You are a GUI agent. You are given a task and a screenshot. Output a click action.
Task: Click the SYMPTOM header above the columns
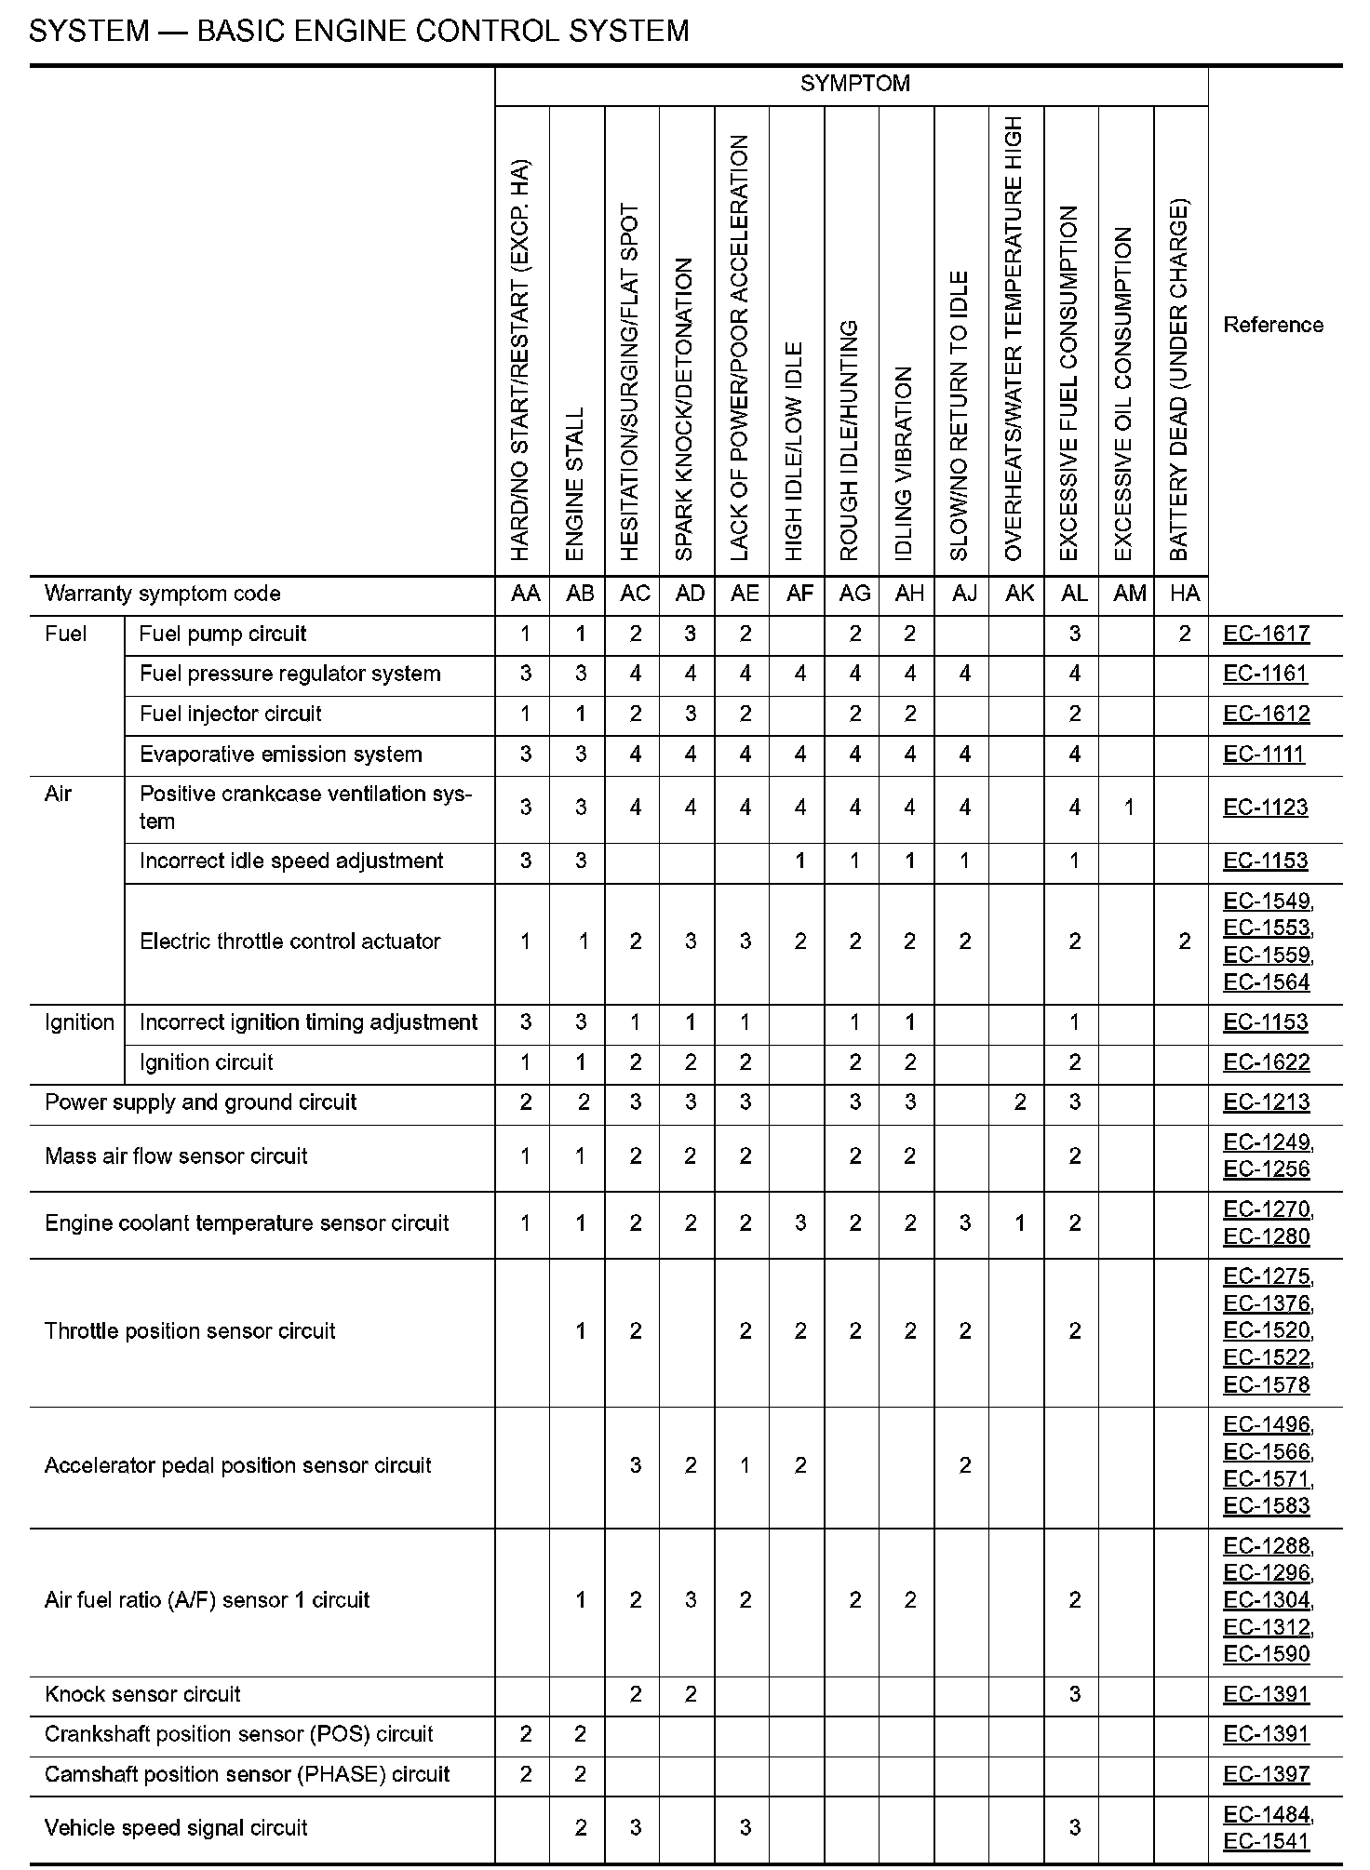pos(854,84)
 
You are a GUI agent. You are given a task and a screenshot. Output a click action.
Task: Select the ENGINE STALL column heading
pos(575,483)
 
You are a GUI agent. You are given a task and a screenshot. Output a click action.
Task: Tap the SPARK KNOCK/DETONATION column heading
pos(685,409)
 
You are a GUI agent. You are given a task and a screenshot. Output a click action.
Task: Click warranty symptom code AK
pos(1019,594)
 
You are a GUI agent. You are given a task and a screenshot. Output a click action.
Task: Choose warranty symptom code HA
pos(1184,594)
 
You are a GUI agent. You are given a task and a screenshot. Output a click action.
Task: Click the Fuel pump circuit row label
pos(222,634)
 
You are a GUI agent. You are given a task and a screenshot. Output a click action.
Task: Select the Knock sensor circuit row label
pos(142,1694)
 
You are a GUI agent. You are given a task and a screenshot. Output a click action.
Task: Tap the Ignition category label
pos(79,1022)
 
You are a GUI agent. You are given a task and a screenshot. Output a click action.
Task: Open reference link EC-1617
pos(1266,634)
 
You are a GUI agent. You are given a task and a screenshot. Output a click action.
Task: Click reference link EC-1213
pos(1266,1102)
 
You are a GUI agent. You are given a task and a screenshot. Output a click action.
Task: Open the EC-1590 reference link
pos(1266,1653)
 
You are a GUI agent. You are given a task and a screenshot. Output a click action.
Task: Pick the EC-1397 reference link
pos(1266,1774)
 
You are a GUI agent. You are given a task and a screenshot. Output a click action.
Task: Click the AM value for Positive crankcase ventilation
pos(1129,808)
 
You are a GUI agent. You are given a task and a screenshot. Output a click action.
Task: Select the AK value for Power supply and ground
pos(1019,1102)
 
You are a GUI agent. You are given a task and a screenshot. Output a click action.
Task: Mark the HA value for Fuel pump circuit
pos(1184,634)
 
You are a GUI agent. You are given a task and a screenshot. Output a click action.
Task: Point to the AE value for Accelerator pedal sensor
pos(745,1465)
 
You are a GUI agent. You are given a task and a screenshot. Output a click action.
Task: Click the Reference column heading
pos(1272,325)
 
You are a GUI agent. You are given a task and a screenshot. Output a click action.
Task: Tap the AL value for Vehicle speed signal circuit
pos(1074,1827)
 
